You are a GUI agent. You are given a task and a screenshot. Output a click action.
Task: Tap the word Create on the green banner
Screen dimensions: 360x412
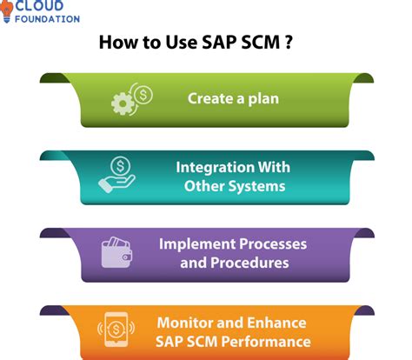(x=211, y=99)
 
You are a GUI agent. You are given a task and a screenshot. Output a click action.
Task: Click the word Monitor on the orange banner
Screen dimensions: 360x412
(x=185, y=323)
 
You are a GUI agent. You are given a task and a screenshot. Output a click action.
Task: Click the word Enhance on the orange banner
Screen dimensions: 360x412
(x=276, y=323)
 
